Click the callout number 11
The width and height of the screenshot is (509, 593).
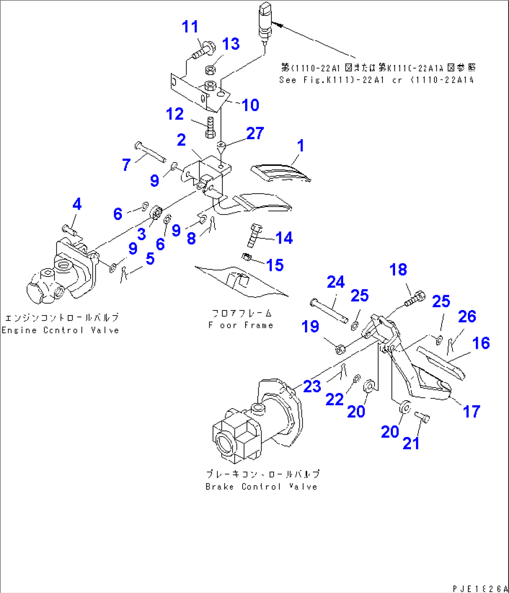coord(190,27)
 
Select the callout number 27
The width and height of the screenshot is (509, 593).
coord(255,134)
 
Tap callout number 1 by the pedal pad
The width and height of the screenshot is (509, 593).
coord(301,146)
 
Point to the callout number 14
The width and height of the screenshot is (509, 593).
coord(284,238)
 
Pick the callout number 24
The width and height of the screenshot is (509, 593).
coord(336,282)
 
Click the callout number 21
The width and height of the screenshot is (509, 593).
coord(411,443)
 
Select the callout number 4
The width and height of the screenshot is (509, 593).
coord(77,204)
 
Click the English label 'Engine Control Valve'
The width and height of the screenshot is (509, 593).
coord(60,330)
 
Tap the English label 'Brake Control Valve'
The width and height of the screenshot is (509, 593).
coord(261,487)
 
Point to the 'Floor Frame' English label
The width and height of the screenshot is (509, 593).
coord(240,325)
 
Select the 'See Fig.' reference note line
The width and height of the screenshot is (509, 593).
coord(376,80)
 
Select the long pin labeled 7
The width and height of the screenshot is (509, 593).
coord(150,152)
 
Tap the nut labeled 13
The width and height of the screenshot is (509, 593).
coord(210,70)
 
